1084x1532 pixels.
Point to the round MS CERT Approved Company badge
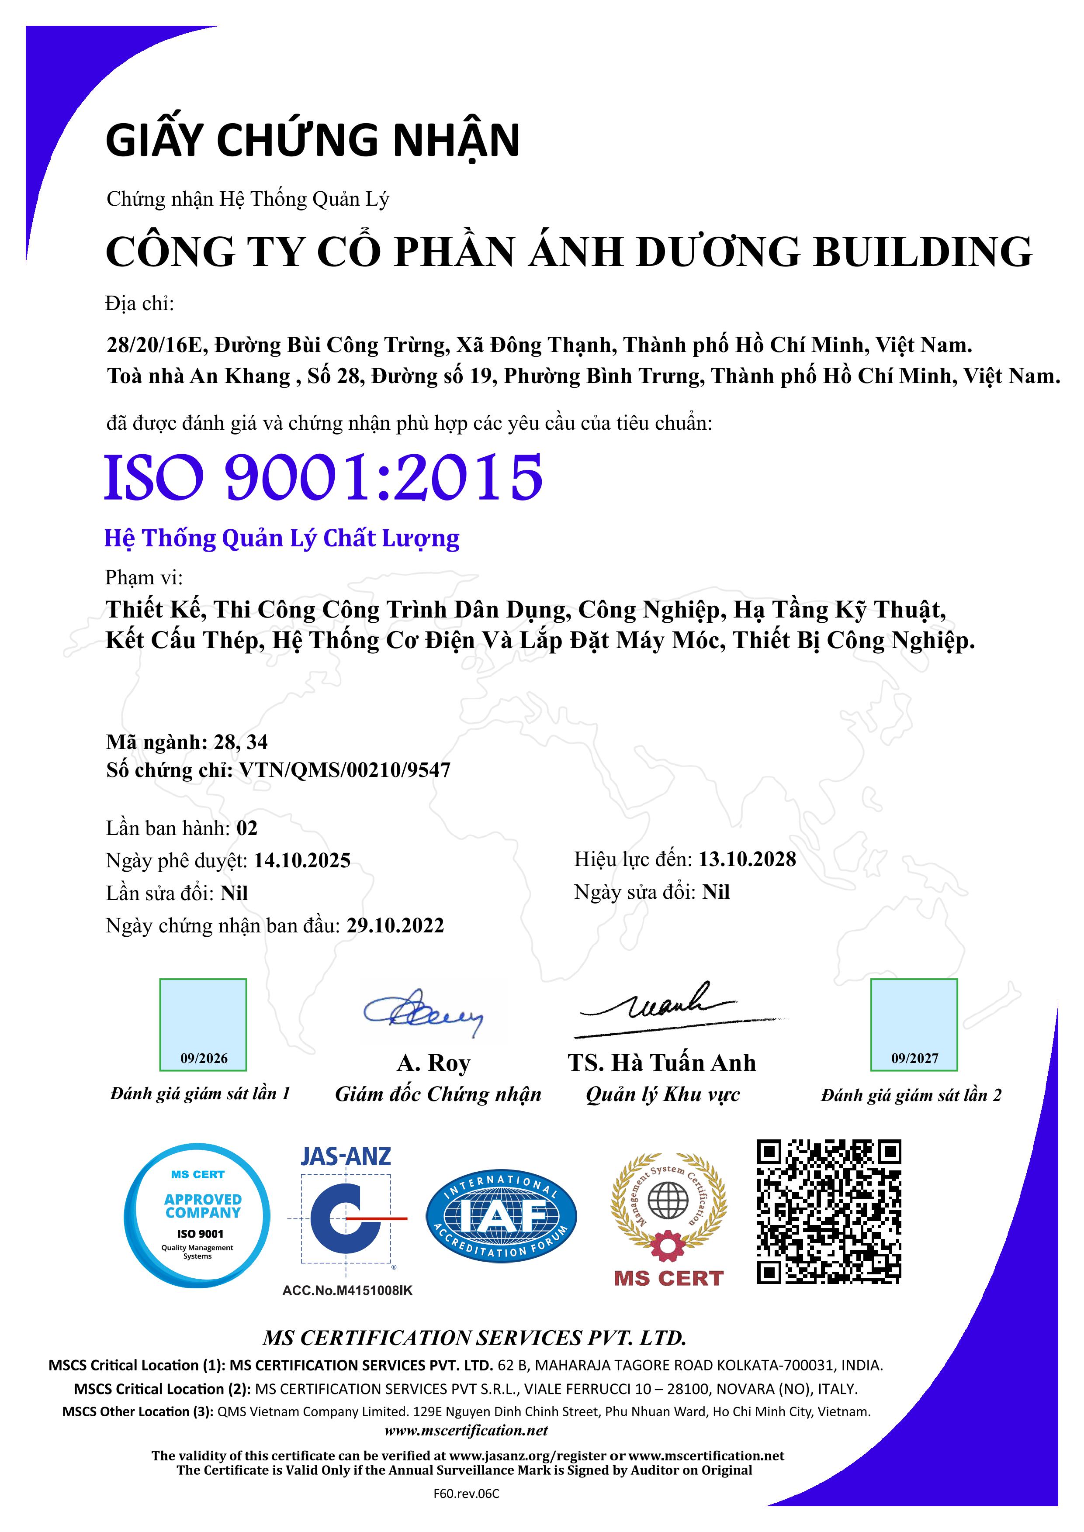(x=197, y=1216)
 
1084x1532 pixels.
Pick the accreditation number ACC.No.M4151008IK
(x=347, y=1290)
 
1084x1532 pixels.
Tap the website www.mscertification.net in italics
(x=466, y=1431)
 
